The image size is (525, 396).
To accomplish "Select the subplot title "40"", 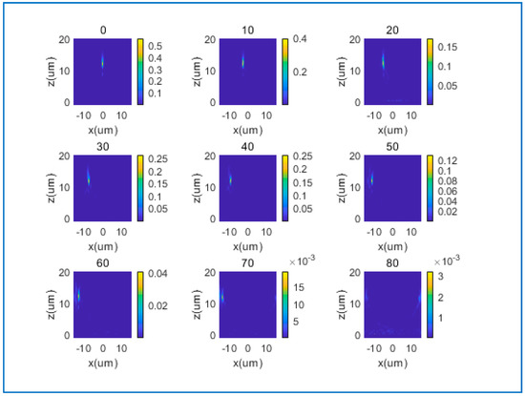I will coord(243,147).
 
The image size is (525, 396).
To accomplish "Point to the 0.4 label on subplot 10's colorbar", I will coord(299,40).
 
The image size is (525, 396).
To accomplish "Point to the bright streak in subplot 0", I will coord(103,63).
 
